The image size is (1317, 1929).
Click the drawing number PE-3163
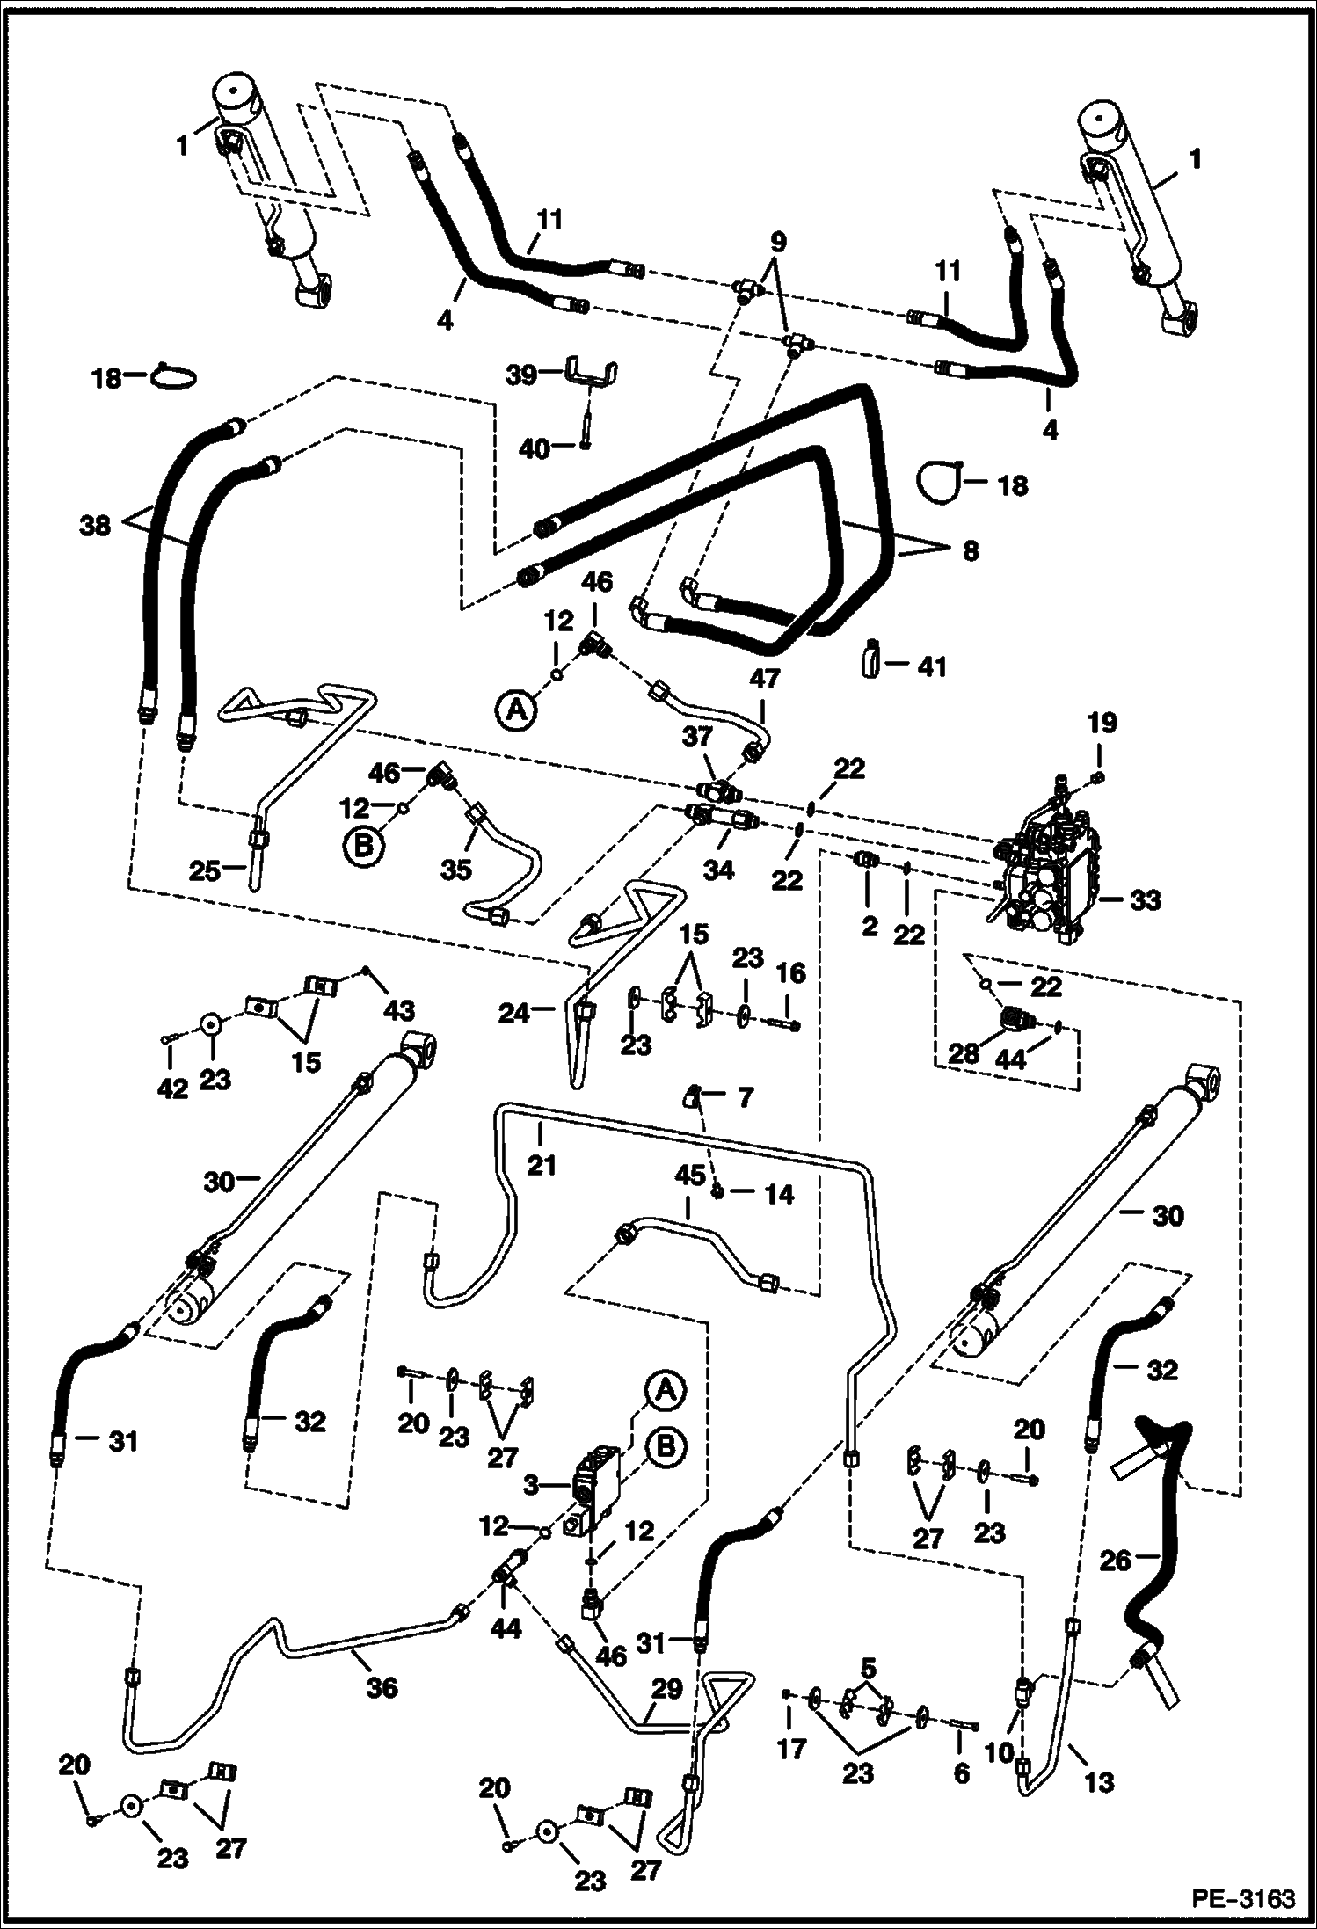click(x=1241, y=1897)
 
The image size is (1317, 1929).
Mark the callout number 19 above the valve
click(x=1102, y=723)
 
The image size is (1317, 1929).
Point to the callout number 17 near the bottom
click(x=791, y=1748)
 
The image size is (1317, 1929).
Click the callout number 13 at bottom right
click(x=1099, y=1782)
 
